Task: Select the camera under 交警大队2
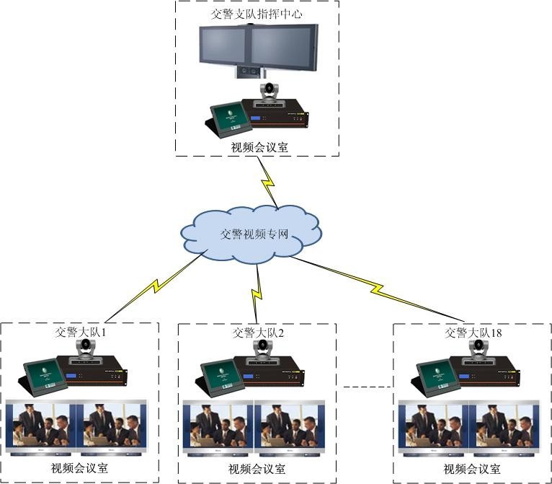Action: [263, 350]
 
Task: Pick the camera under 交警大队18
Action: [478, 350]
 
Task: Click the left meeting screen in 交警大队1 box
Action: [40, 427]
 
